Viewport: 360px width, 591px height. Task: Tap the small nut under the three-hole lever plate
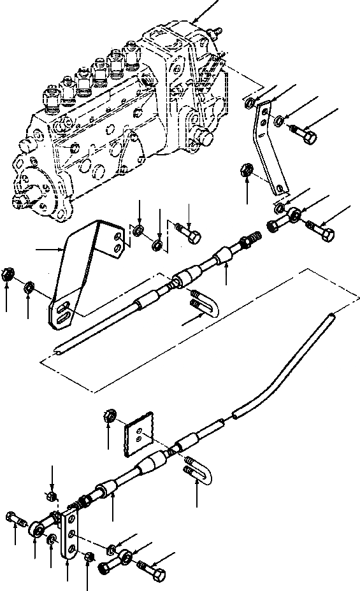coord(89,557)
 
